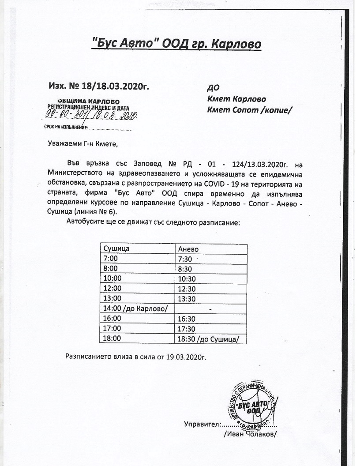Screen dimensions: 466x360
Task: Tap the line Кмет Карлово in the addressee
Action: pos(236,99)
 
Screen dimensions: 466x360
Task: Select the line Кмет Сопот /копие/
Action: pos(250,110)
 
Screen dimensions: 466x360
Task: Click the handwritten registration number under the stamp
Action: pos(90,116)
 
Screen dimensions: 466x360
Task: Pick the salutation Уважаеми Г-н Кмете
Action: pos(83,143)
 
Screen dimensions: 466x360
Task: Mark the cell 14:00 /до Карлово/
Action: pos(135,308)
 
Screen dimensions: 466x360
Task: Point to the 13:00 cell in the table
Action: pos(111,299)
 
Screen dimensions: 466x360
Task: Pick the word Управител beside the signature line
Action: pos(201,425)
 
